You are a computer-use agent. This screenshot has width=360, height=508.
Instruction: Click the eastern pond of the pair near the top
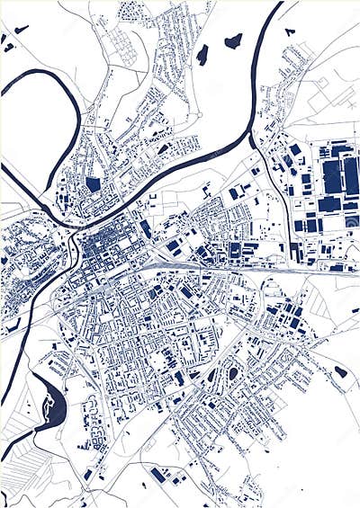tap(233, 40)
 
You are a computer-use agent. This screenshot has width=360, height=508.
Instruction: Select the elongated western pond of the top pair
tap(202, 55)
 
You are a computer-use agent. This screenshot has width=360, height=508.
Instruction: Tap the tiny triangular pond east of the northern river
tap(289, 31)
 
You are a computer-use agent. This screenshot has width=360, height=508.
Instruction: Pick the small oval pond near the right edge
tap(340, 371)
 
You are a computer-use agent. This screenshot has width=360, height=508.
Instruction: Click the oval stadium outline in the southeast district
tap(234, 373)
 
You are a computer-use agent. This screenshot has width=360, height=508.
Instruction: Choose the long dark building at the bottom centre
tap(160, 475)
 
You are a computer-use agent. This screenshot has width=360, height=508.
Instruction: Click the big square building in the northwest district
tap(93, 184)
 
